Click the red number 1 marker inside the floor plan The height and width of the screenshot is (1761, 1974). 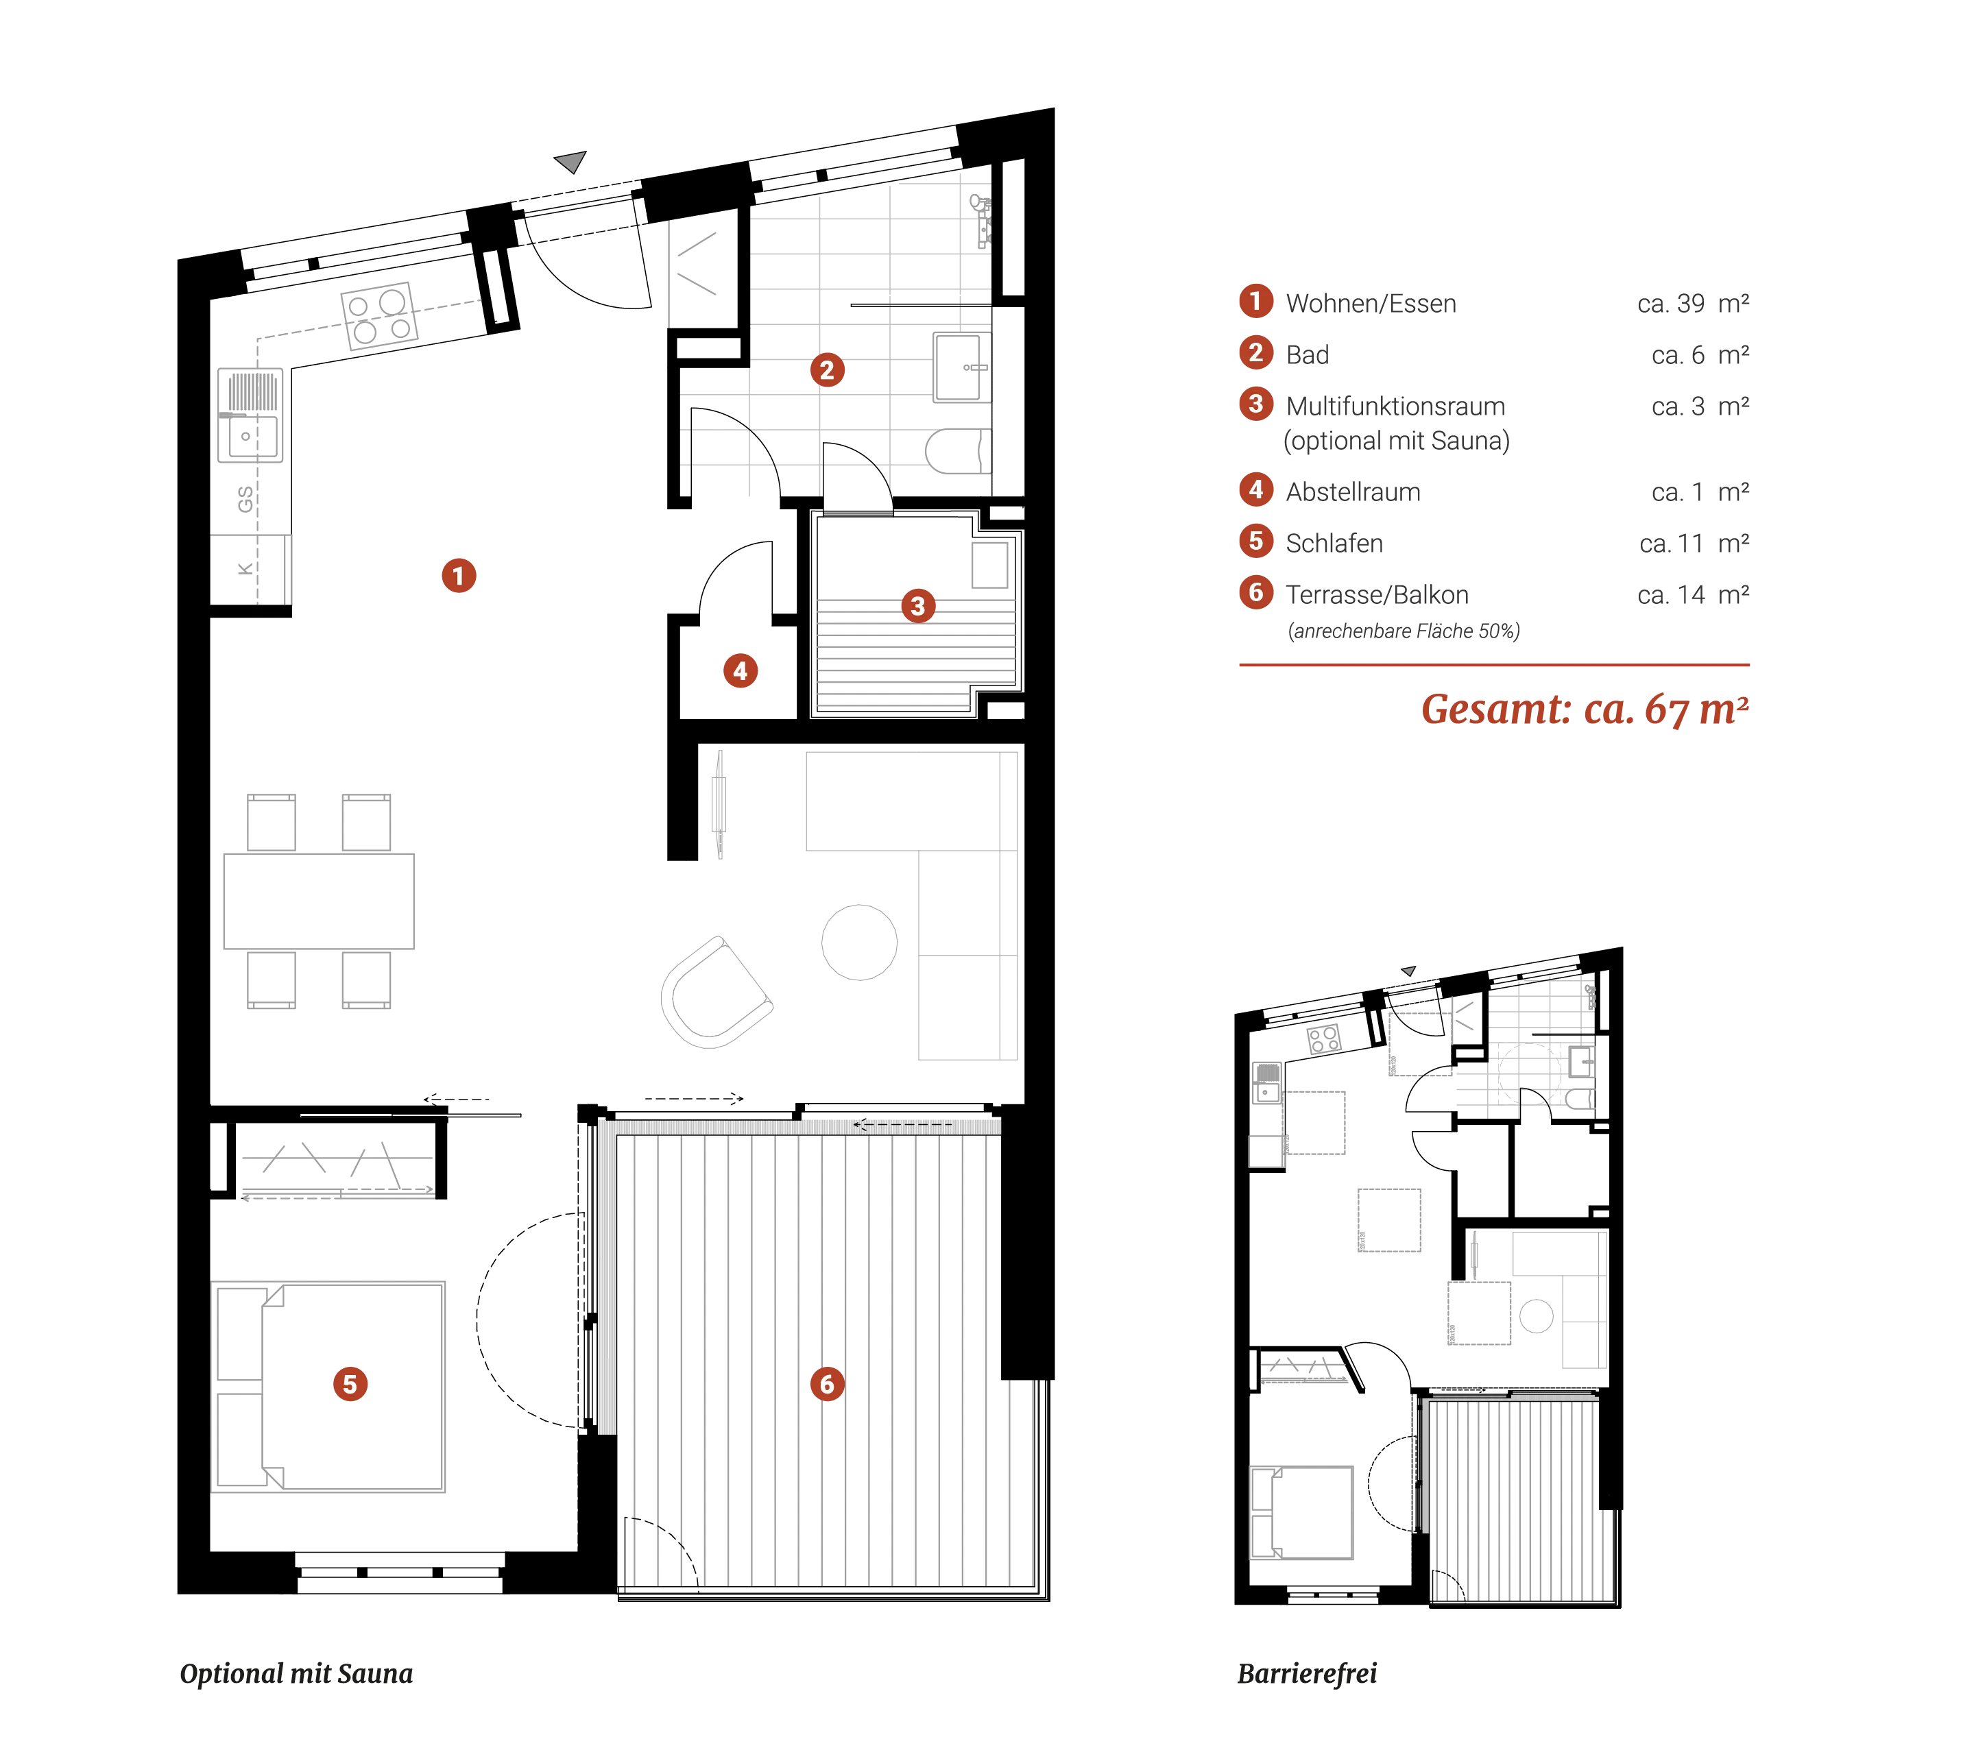tap(458, 576)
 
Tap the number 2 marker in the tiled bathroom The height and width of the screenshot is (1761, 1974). tap(826, 369)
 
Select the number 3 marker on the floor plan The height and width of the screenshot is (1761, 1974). tap(917, 606)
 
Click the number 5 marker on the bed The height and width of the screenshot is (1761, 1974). tap(349, 1383)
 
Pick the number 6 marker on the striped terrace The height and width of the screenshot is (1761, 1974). tap(826, 1383)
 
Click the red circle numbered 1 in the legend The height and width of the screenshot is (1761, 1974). tap(1255, 301)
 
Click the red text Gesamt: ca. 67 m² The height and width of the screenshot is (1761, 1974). tap(1584, 709)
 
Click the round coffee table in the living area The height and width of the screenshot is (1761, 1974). tap(858, 940)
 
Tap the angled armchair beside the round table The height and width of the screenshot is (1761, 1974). tap(716, 993)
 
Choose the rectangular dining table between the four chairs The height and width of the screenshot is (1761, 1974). tap(318, 900)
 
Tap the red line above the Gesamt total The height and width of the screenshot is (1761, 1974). tap(1494, 666)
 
